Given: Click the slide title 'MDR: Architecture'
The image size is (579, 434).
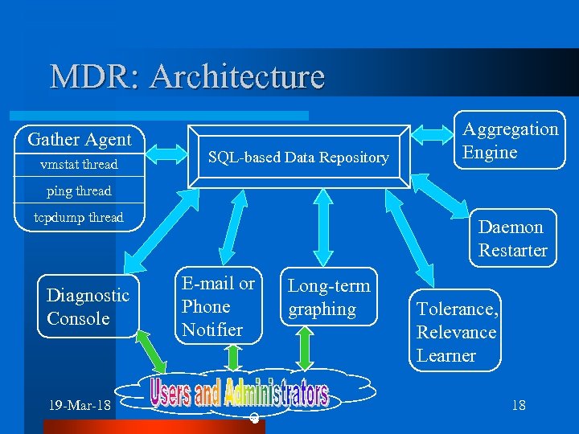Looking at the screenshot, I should pos(187,76).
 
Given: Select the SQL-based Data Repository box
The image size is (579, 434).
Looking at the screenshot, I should pos(298,157).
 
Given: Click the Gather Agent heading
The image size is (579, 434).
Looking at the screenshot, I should pos(79,139).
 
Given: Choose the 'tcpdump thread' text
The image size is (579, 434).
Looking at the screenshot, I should pos(79,217).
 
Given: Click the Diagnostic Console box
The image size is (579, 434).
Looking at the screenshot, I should pos(88,307).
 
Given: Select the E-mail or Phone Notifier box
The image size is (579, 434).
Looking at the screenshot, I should pos(218,306).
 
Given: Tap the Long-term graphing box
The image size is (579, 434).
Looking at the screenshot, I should pos(329,297).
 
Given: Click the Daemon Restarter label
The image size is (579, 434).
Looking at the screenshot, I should pos(512,239).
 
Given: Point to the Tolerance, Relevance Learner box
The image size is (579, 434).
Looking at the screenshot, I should pos(457,332).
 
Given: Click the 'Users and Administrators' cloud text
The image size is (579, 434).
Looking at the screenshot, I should pos(239,393).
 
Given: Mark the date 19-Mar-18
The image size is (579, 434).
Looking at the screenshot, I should pos(80,404).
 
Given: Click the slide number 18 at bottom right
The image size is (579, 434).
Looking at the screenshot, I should pos(519,405).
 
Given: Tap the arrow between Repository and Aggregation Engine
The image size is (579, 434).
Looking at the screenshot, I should pos(432,148).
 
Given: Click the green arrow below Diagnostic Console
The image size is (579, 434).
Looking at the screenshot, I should pos(150,350).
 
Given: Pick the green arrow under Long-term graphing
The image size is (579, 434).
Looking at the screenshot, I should pos(305,349).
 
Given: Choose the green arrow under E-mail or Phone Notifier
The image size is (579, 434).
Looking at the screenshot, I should pos(233,357).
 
